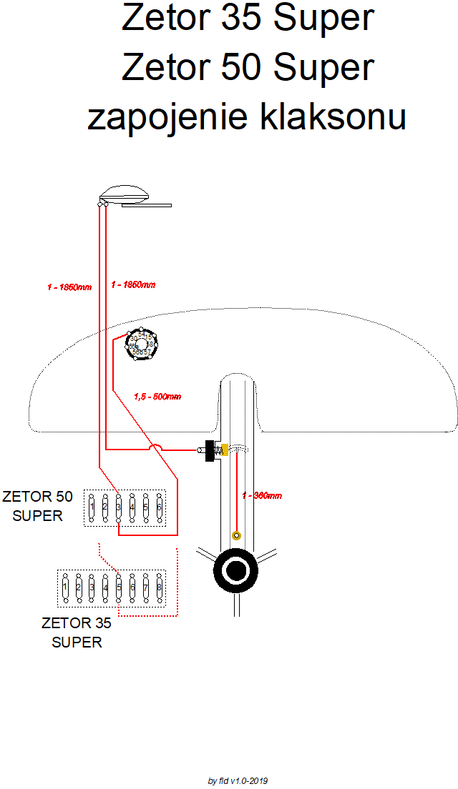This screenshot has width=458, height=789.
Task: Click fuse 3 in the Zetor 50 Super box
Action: coord(118,507)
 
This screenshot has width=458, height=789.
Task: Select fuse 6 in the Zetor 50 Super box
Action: coord(159,507)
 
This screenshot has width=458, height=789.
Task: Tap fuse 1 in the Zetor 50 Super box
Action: coord(91,507)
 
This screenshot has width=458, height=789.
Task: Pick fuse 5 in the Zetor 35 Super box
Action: coord(119,587)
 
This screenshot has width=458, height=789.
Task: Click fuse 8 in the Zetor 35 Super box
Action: coord(159,587)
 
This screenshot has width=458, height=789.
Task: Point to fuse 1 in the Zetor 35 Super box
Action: coord(64,587)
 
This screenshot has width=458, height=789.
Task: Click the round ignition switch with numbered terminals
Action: coord(141,344)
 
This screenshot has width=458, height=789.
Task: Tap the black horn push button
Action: coord(210,450)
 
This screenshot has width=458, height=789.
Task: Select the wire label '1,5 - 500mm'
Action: coord(157,396)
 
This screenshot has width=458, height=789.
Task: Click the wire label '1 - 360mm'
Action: coord(262,495)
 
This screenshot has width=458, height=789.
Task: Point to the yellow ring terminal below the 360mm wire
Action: coord(236,535)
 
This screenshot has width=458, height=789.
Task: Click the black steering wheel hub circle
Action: coord(235,570)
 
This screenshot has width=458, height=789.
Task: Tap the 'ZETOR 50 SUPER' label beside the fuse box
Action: coord(38,506)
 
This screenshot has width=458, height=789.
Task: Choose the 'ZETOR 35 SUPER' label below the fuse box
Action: coord(77,632)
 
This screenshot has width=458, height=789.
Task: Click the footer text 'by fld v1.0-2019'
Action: coord(238,781)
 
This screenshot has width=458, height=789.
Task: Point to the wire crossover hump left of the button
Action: coord(156,448)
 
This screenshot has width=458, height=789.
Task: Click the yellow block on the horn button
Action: coord(224,450)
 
